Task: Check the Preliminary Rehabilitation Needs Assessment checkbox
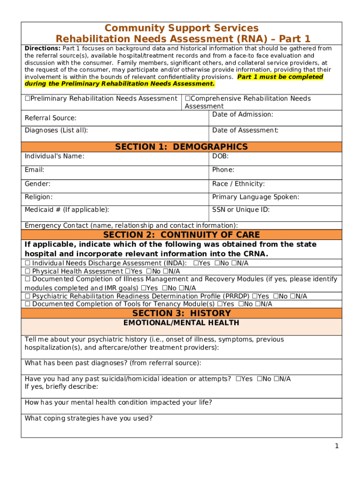pyautogui.click(x=27, y=99)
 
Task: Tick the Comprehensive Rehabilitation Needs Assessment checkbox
pyautogui.click(x=187, y=99)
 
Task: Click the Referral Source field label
pyautogui.click(x=50, y=118)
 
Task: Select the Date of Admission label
pyautogui.click(x=242, y=115)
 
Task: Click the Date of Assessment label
pyautogui.click(x=245, y=131)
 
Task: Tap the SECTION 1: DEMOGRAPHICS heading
pyautogui.click(x=181, y=147)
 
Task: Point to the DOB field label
pyautogui.click(x=220, y=156)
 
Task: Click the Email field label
pyautogui.click(x=35, y=170)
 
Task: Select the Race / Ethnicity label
pyautogui.click(x=238, y=184)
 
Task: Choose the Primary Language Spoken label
pyautogui.click(x=255, y=197)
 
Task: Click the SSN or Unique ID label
pyautogui.click(x=240, y=210)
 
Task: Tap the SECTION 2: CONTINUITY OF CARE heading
pyautogui.click(x=181, y=235)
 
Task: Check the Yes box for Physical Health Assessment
pyautogui.click(x=127, y=271)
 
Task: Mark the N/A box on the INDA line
pyautogui.click(x=234, y=263)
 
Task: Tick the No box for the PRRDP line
pyautogui.click(x=275, y=297)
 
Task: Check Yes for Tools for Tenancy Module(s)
pyautogui.click(x=220, y=304)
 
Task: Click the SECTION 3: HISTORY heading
pyautogui.click(x=181, y=313)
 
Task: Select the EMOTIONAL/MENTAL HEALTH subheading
pyautogui.click(x=181, y=323)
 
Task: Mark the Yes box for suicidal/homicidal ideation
pyautogui.click(x=238, y=379)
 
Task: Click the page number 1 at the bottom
pyautogui.click(x=336, y=446)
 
